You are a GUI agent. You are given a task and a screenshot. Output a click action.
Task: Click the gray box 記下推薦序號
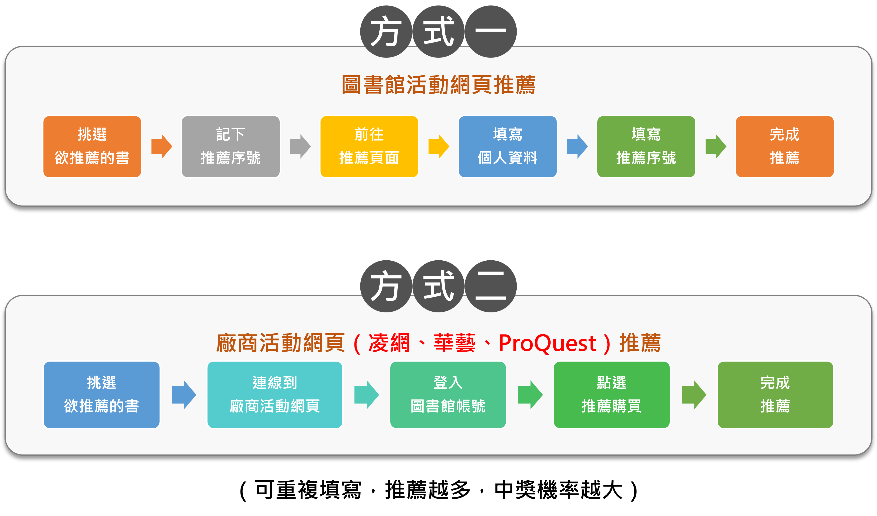click(x=230, y=147)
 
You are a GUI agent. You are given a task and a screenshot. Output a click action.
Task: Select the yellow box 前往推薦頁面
click(x=369, y=147)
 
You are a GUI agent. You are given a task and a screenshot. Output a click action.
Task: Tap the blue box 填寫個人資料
click(x=507, y=147)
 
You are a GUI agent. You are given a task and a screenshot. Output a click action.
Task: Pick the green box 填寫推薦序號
click(x=646, y=147)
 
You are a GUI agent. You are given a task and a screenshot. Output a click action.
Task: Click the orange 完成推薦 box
click(x=784, y=147)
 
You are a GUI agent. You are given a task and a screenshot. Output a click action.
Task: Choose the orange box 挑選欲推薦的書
click(x=92, y=147)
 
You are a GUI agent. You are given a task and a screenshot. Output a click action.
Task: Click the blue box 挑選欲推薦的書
click(x=101, y=395)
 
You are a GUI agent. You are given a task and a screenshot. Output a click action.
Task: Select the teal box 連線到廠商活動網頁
click(x=275, y=395)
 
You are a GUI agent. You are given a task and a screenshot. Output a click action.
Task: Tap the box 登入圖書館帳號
click(x=448, y=395)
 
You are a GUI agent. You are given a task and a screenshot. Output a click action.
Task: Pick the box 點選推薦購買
click(x=612, y=395)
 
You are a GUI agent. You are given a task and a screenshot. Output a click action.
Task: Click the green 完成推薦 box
click(x=775, y=395)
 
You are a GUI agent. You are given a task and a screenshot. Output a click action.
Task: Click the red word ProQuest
click(x=547, y=343)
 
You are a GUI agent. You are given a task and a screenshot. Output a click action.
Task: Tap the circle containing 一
click(x=491, y=31)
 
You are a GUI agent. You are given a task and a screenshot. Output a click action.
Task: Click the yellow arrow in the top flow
click(x=438, y=147)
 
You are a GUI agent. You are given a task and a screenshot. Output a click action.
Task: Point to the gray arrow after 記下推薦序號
click(x=300, y=147)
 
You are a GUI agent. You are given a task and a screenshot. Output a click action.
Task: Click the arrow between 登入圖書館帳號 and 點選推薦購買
click(x=530, y=395)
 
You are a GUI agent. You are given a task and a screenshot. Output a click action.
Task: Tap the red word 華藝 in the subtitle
click(x=454, y=343)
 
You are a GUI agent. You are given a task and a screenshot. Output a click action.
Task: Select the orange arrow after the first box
click(x=161, y=147)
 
